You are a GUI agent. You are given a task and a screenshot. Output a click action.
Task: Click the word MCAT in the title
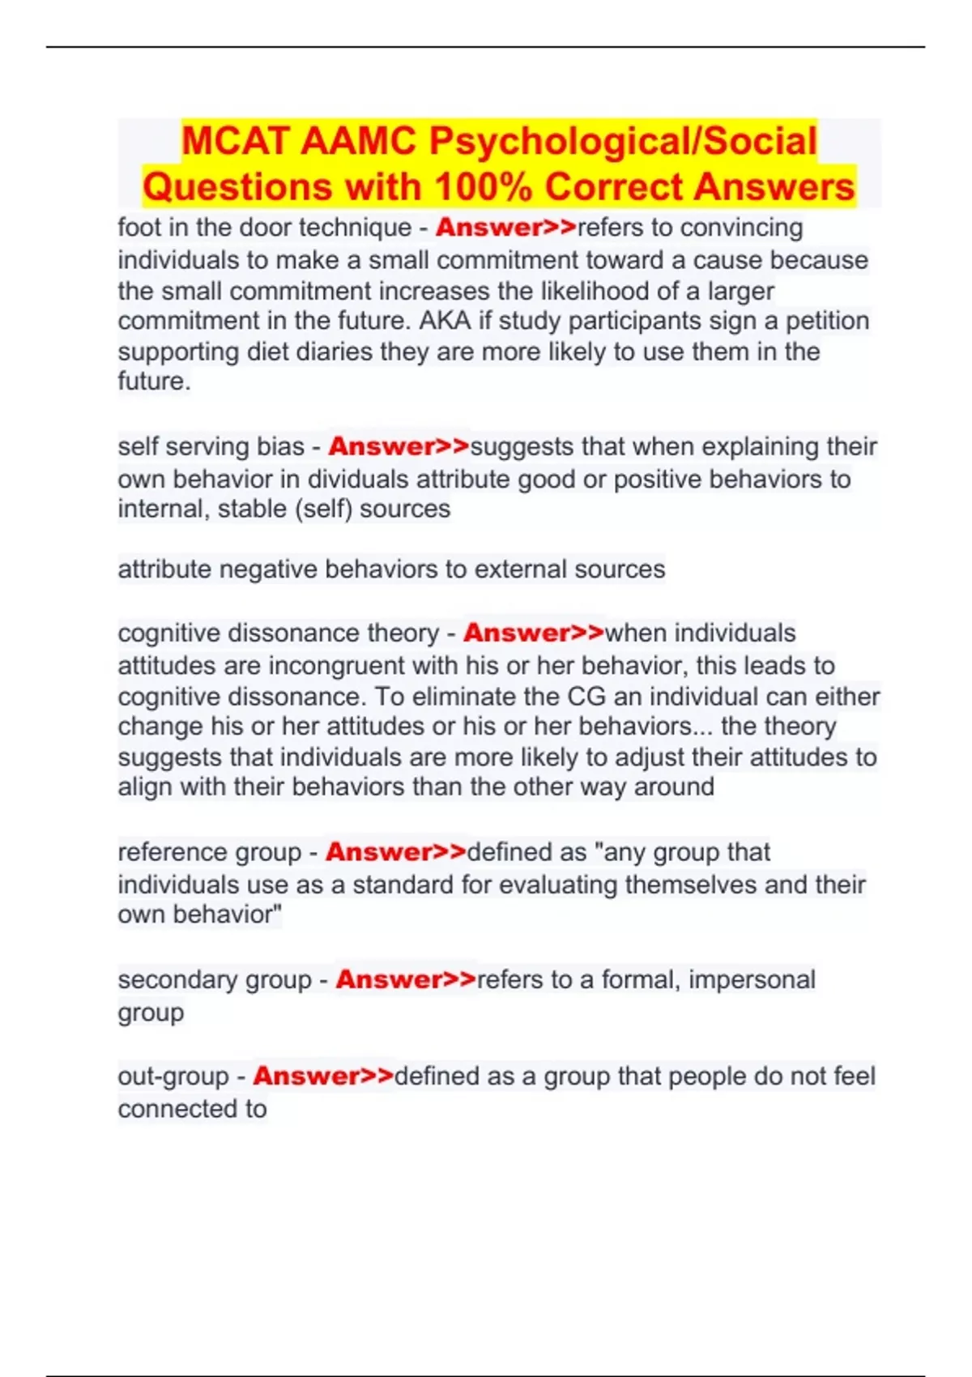236,141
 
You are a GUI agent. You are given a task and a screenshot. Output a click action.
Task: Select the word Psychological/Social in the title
623,141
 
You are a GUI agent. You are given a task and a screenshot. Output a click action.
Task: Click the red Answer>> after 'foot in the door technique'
505,228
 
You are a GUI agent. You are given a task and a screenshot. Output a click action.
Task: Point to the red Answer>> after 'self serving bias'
399,446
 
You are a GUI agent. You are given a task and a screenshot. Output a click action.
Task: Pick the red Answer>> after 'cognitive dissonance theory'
534,633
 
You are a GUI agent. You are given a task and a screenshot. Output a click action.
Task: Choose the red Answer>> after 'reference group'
396,852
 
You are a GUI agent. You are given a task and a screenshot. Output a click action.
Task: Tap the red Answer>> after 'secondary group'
406,979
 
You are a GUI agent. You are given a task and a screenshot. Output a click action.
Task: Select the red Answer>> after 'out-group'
323,1076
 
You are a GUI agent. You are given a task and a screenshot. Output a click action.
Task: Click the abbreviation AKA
445,322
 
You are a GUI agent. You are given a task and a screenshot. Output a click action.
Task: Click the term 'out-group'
173,1076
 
